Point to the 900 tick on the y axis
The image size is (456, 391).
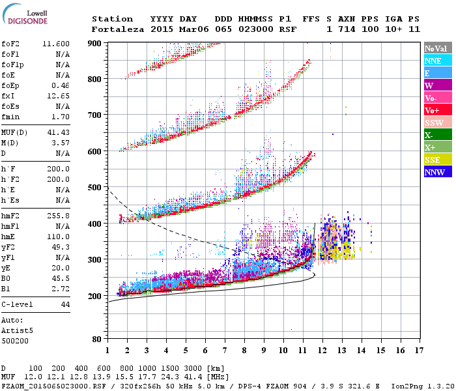pos(95,44)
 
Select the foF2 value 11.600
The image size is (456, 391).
pos(56,43)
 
